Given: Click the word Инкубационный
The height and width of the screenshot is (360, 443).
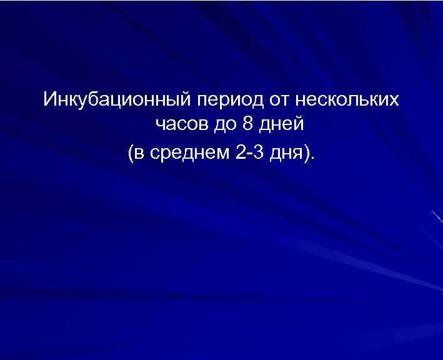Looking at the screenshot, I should (117, 99).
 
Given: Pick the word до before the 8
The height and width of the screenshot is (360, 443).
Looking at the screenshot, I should (224, 126).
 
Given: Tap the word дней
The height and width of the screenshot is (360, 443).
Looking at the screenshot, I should (281, 126).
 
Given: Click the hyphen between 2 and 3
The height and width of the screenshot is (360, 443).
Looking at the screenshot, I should (250, 154).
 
